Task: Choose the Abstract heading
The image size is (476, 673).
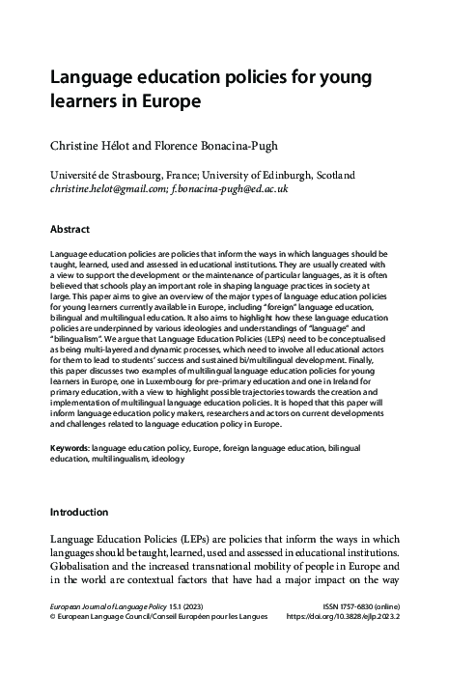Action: pos(70,230)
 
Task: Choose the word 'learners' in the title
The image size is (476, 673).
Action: pos(85,100)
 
